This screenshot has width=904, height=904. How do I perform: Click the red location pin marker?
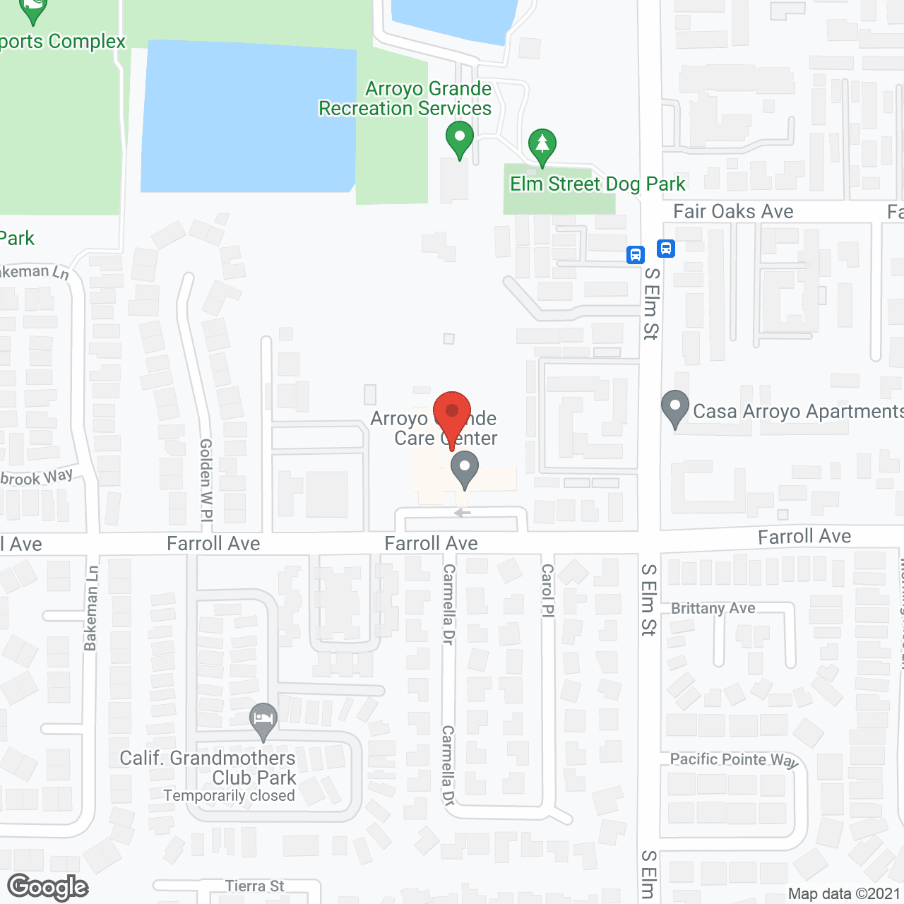coord(452,413)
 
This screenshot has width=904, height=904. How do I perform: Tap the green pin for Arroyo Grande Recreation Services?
coord(460,138)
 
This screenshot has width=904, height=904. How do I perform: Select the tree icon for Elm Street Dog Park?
coord(542,145)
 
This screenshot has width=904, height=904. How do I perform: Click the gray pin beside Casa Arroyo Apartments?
coord(675,408)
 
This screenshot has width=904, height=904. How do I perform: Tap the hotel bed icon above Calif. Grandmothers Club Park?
coord(263,720)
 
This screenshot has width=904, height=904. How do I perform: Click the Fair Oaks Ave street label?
coord(733,211)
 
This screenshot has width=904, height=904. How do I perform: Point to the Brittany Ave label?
coord(713,608)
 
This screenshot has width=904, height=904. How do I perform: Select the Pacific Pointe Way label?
coord(734,760)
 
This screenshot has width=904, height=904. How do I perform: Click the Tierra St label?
coord(254,886)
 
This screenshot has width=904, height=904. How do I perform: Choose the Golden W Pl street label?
coord(206,480)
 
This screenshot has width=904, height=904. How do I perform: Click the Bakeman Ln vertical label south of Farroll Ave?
coord(90,608)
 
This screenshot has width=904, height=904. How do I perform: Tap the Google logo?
coord(48,887)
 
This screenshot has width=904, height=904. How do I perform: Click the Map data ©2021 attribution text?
coord(844,894)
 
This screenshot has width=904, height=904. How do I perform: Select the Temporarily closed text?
coord(229,796)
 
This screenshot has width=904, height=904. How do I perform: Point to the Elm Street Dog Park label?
coord(597,184)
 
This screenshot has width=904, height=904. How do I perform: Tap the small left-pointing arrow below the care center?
coord(462,513)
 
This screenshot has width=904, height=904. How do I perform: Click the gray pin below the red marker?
coord(465,469)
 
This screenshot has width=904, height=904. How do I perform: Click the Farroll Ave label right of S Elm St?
coord(804,537)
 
